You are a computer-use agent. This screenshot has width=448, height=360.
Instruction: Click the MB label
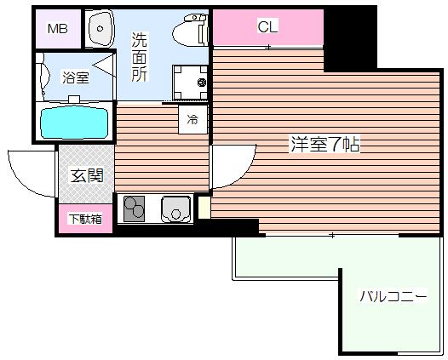tap(58, 29)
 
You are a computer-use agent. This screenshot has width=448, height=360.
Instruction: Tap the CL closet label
tap(267, 26)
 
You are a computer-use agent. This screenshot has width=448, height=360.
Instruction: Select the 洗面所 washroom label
tap(139, 56)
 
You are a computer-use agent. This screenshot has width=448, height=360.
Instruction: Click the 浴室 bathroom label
tap(75, 77)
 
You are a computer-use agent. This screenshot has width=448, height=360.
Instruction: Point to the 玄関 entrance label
tap(86, 176)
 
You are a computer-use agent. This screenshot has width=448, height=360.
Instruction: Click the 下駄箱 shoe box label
tap(85, 219)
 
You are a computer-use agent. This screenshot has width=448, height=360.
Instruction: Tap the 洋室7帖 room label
tap(325, 145)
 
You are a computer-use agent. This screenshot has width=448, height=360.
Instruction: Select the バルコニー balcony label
tap(392, 296)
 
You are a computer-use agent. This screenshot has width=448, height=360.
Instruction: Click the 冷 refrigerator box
tap(192, 119)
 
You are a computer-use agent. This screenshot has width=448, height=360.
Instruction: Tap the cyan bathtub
tap(75, 123)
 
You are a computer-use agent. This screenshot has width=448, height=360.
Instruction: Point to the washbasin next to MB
tap(101, 30)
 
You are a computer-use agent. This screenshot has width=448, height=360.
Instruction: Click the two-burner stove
tap(137, 208)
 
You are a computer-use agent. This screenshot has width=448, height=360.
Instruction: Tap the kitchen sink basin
tap(175, 208)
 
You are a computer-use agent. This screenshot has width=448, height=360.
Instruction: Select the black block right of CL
tap(349, 38)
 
